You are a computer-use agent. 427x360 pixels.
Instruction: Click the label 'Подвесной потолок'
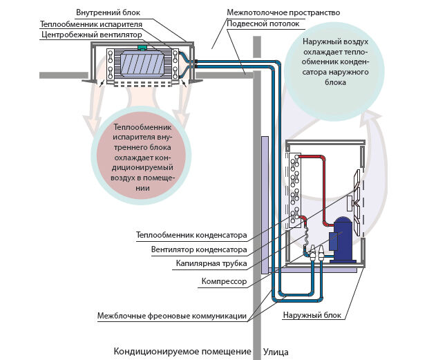coord(264,23)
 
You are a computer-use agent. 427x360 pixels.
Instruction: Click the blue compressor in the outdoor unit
coord(341,238)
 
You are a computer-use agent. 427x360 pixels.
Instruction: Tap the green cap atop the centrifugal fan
coord(142,48)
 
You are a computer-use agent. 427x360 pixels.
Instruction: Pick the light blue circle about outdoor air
coord(334,63)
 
